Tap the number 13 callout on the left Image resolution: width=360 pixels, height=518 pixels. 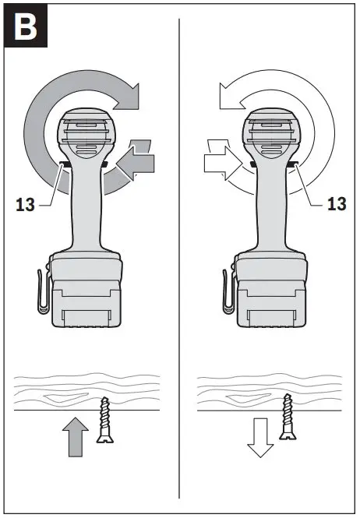(x=26, y=206)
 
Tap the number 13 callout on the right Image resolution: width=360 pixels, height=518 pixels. (x=337, y=204)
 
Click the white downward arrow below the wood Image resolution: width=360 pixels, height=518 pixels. (x=261, y=438)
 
